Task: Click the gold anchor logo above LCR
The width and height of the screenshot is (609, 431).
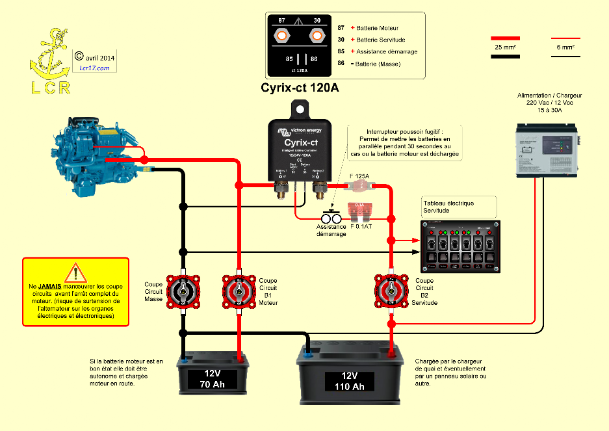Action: click(51, 55)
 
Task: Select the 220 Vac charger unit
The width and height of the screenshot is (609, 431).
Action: click(545, 151)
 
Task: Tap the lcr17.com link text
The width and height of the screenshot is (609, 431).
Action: click(94, 68)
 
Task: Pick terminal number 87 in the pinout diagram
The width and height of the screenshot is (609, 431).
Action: click(281, 21)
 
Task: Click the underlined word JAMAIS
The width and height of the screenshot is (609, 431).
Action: click(49, 287)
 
